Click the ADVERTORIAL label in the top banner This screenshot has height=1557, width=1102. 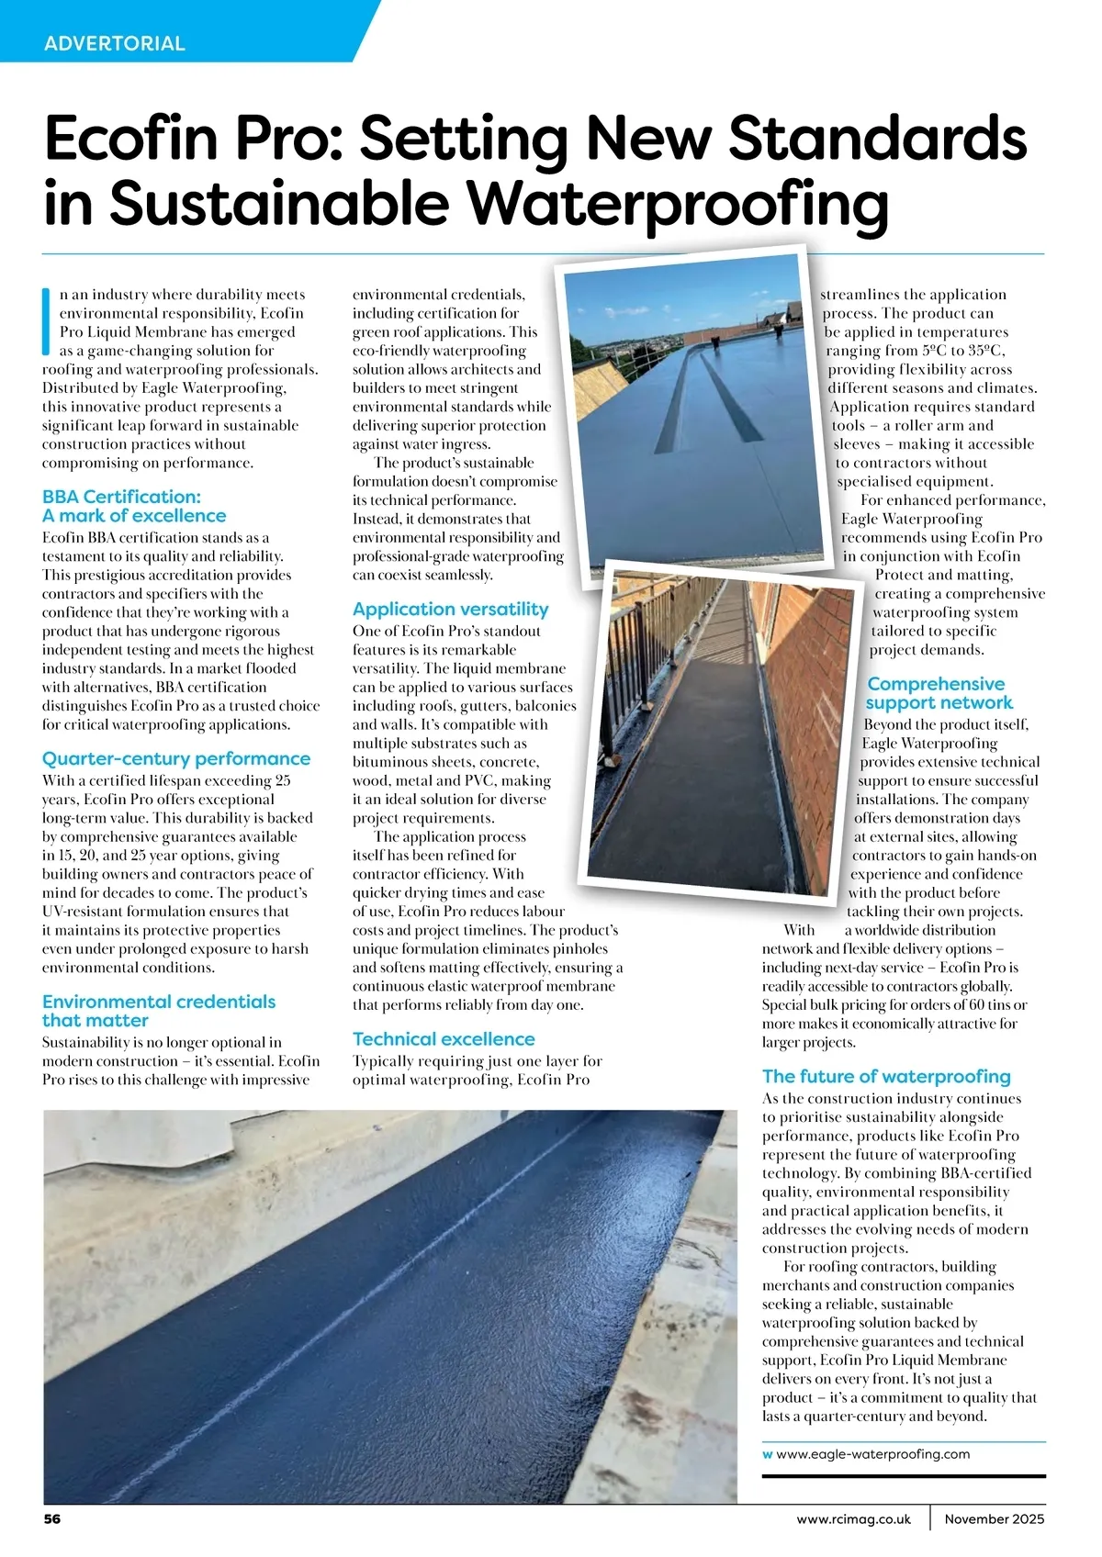coord(114,43)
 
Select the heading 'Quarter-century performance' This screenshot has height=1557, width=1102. coord(176,759)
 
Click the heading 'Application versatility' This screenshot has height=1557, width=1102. coord(450,610)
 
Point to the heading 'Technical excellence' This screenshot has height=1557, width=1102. coord(444,1039)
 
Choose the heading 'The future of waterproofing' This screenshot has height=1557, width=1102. coord(886,1077)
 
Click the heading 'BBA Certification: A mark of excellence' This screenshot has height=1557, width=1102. coord(134,507)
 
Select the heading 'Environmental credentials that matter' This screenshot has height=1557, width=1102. coord(158,1011)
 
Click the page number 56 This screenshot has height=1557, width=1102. coord(52,1519)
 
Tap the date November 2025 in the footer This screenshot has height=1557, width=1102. coord(994,1519)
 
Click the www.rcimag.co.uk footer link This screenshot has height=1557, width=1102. coord(853,1519)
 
